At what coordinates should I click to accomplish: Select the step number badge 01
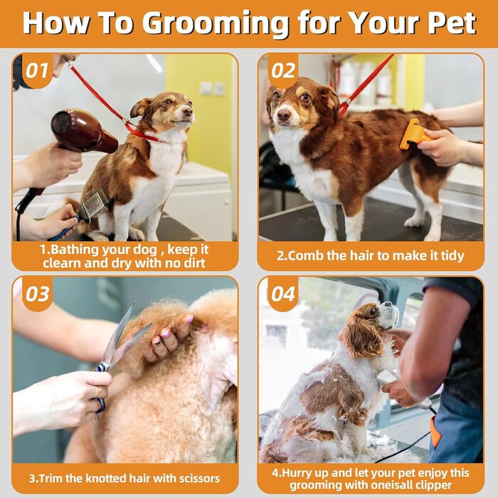[x=37, y=70]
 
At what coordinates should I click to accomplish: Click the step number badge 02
[x=283, y=70]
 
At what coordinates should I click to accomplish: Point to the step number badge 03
[x=37, y=294]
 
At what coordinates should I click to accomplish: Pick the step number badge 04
[x=283, y=294]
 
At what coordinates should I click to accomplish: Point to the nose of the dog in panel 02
[x=283, y=115]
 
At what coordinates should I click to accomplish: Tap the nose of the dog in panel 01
[x=187, y=112]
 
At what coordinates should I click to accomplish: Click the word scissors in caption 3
[x=198, y=478]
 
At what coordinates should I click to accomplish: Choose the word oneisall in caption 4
[x=398, y=485]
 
